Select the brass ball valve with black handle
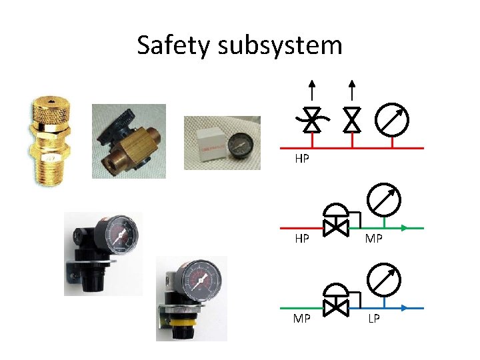point(128,141)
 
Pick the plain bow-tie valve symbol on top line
point(352,121)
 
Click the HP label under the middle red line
point(302,239)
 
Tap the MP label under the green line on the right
point(373,239)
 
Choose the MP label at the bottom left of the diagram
point(302,319)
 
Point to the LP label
point(373,319)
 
